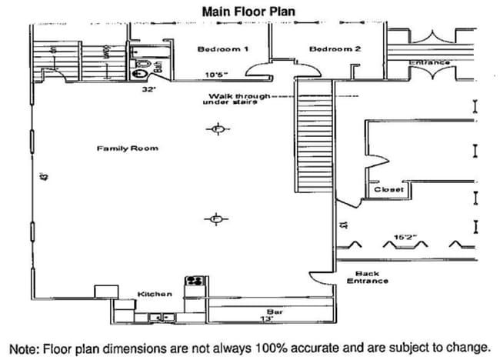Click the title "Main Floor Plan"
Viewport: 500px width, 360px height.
point(249,12)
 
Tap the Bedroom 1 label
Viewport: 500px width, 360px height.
point(222,49)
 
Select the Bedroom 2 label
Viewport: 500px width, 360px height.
point(335,49)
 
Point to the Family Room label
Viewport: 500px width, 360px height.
point(127,148)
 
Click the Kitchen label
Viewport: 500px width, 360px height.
point(155,294)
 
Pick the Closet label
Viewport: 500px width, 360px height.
point(388,189)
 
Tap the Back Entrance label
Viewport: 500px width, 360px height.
point(367,278)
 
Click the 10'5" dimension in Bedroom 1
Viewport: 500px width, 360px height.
point(216,75)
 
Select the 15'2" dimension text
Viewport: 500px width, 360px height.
point(405,237)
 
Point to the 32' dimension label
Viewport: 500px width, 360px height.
point(148,89)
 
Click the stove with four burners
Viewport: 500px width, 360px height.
point(193,282)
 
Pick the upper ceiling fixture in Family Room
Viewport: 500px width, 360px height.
point(218,129)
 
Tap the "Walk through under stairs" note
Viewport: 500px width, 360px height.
point(236,98)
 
